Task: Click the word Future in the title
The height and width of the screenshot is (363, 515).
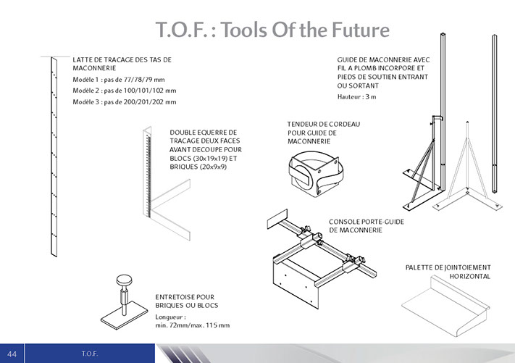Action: point(360,30)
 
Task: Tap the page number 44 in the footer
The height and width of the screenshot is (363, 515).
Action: point(12,354)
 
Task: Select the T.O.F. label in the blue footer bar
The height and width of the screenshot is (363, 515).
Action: point(90,354)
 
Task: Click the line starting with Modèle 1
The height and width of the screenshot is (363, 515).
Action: point(119,80)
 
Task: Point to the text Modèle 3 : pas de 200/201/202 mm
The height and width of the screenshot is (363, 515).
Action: point(125,102)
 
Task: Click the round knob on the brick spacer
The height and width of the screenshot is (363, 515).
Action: point(124,281)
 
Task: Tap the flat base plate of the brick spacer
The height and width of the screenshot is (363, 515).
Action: point(124,314)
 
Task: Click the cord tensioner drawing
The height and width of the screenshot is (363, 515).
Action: point(315,174)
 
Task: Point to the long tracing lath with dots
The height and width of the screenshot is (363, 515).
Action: point(54,157)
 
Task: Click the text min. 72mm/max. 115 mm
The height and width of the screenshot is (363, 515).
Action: point(193,325)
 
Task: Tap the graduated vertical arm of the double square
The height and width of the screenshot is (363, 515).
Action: point(148,172)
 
